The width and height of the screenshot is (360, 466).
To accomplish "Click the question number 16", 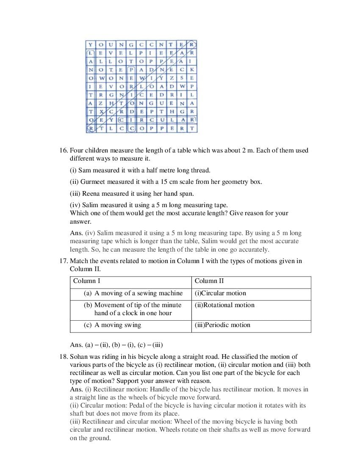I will tap(63, 150).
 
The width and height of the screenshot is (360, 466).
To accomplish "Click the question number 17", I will tap(63, 261).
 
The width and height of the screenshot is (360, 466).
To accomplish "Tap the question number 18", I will tap(63, 357).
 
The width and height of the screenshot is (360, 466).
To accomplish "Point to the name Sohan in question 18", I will tap(79, 357).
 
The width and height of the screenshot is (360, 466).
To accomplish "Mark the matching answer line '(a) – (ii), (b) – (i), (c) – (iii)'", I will tap(116, 344).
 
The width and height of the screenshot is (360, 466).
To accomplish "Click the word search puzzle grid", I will tap(141, 86).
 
